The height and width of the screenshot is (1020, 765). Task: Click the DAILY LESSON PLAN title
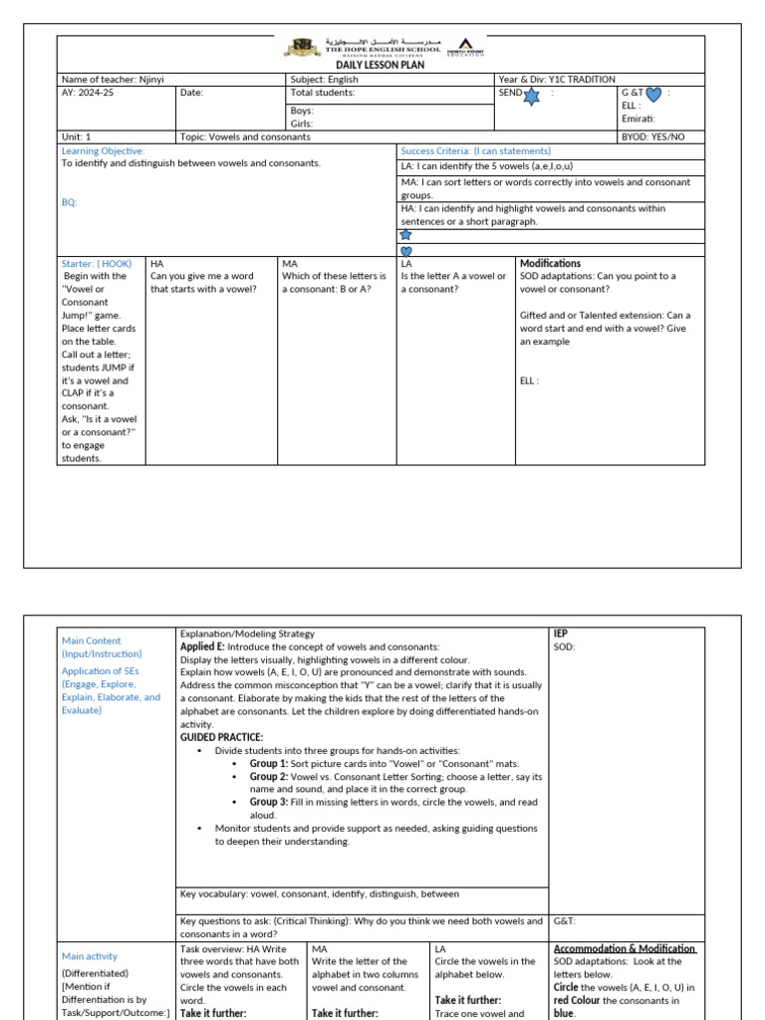point(379,65)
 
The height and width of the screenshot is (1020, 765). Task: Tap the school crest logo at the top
point(302,47)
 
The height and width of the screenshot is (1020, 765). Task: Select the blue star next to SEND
point(531,96)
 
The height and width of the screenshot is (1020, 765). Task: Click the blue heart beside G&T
point(653,96)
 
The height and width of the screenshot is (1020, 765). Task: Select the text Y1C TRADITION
point(582,80)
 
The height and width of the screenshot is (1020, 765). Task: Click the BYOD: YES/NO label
point(653,137)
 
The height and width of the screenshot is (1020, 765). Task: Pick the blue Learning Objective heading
point(103,151)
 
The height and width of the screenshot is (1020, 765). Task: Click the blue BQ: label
point(69,202)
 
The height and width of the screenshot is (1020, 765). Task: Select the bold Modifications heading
point(550,263)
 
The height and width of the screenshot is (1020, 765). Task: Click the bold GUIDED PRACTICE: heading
point(221,738)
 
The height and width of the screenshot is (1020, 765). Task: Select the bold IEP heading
point(560,634)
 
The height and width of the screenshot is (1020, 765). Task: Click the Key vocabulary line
point(319,894)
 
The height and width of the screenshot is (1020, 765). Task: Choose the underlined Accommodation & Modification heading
point(625,949)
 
